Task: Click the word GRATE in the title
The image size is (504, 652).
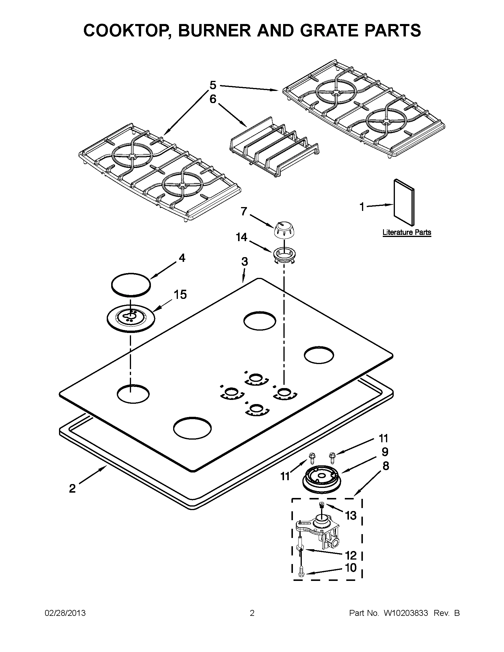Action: coord(324,31)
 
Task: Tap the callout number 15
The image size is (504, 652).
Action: coord(180,295)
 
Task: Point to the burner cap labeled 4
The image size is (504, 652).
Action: coord(130,285)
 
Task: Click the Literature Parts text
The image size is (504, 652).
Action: coord(406,232)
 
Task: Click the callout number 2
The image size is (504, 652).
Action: coord(72,489)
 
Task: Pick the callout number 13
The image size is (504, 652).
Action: coord(351,515)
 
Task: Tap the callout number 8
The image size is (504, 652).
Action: coord(386,466)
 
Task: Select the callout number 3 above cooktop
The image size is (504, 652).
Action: coord(244,262)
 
